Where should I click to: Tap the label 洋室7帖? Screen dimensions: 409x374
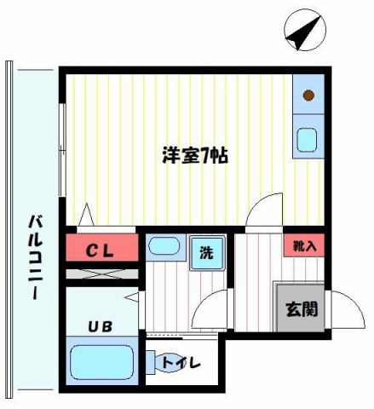point(194,156)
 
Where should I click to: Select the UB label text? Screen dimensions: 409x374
point(101,325)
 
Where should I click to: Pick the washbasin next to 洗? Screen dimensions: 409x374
point(163,248)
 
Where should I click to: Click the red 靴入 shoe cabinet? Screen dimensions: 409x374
point(304,246)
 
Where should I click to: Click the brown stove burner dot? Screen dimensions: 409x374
point(308,95)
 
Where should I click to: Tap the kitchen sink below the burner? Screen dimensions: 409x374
point(307,138)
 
